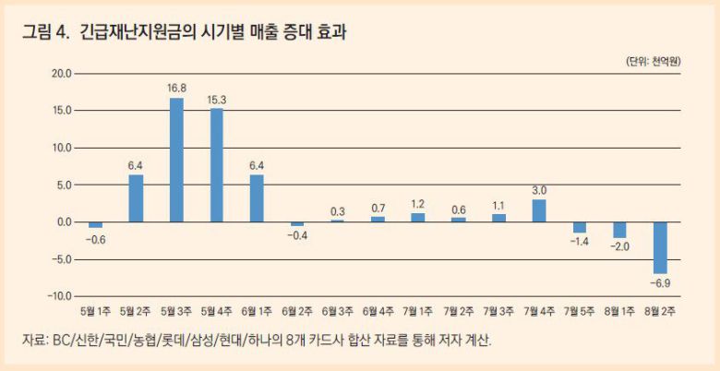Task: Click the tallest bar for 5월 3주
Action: (176, 160)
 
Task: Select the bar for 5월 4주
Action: (216, 165)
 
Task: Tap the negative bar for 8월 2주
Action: (660, 247)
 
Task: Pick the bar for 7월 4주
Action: (539, 210)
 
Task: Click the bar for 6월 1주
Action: (257, 198)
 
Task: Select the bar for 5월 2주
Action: (136, 198)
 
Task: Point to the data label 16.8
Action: (176, 88)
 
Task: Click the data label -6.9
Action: (660, 281)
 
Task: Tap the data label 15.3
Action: (216, 99)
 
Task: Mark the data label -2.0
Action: (619, 246)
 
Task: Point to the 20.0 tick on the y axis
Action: (61, 74)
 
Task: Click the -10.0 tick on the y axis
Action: (59, 296)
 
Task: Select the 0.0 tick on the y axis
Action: (63, 222)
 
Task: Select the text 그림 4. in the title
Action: (46, 33)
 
